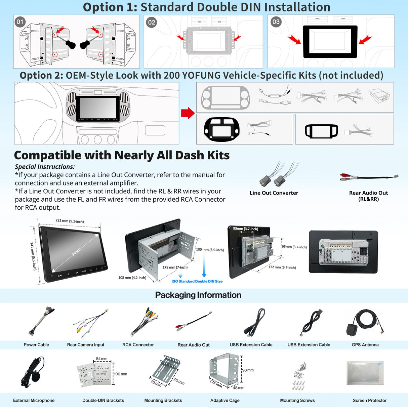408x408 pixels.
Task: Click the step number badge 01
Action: (20, 22)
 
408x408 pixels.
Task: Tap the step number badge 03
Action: (276, 22)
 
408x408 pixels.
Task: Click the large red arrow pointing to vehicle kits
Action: (188, 113)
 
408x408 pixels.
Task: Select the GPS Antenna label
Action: (365, 345)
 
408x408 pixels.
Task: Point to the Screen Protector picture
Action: (365, 373)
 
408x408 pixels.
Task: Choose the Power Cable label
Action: (36, 345)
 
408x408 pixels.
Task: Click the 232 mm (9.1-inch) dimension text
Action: (70, 221)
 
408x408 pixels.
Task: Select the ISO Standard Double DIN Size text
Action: (197, 281)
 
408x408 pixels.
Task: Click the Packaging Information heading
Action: (198, 295)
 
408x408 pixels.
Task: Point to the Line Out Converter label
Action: (274, 193)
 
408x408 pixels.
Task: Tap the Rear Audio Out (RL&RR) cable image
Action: (369, 177)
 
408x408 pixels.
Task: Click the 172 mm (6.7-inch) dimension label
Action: (282, 268)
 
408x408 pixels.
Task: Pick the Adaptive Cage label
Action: (225, 401)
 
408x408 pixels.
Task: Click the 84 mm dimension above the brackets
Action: (101, 359)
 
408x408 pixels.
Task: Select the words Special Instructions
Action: (45, 167)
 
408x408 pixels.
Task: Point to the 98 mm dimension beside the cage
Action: (248, 370)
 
